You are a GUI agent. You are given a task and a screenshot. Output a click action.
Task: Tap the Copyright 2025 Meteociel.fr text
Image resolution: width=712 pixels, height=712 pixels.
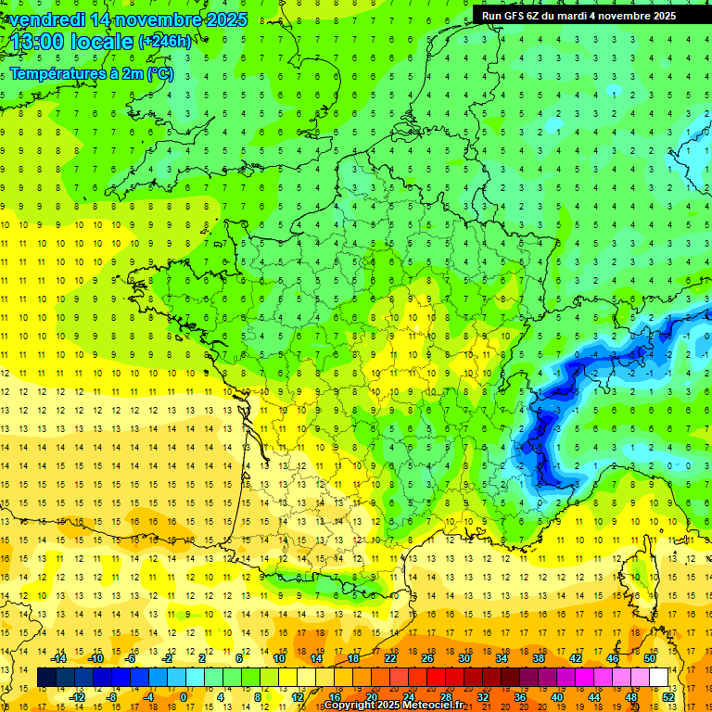click(x=393, y=706)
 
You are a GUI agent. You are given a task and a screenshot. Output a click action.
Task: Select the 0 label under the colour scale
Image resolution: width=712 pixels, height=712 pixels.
click(x=184, y=696)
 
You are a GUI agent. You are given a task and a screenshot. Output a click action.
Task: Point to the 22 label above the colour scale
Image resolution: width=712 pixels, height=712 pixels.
click(x=390, y=658)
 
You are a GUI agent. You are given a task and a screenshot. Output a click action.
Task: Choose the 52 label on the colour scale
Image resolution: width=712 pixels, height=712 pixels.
click(x=668, y=696)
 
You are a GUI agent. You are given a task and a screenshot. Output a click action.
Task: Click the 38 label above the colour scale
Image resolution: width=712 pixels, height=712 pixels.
click(x=539, y=658)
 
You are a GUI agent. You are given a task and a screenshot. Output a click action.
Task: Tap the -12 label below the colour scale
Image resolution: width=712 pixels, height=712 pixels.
click(x=76, y=696)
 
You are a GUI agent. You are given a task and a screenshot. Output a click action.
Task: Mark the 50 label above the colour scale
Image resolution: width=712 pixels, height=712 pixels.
click(x=650, y=658)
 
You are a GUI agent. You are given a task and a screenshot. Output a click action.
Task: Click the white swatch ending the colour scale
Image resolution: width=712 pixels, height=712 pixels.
click(x=659, y=678)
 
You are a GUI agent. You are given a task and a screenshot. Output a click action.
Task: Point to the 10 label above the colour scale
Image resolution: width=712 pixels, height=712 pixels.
click(x=279, y=658)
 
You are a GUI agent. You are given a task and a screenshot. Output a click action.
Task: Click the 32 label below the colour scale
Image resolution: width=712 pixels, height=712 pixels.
click(x=483, y=696)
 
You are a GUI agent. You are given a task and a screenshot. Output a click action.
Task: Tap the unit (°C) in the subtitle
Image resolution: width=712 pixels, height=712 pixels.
click(x=159, y=74)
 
